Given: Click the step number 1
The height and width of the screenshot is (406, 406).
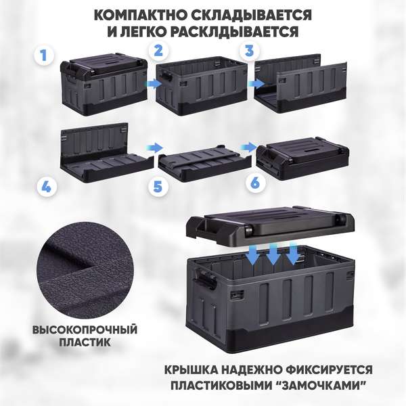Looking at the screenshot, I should (x=44, y=55).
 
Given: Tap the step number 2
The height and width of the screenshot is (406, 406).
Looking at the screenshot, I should (x=158, y=49).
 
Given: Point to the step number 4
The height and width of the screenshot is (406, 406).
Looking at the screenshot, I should (x=45, y=187).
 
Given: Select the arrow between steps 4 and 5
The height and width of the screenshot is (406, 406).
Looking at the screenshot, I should (x=155, y=147).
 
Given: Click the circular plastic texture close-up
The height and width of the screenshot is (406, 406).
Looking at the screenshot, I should (x=85, y=271).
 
